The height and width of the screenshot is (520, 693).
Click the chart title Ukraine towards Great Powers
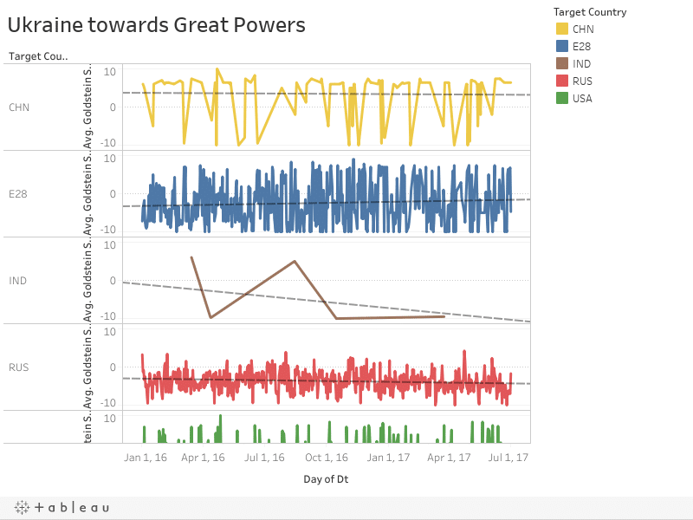[157, 25]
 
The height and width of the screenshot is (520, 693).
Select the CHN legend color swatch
[562, 29]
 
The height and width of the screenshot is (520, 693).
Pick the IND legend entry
[582, 64]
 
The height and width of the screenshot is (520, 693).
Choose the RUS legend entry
[582, 81]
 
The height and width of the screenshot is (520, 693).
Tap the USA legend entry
[582, 99]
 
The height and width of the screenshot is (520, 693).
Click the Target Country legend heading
[590, 12]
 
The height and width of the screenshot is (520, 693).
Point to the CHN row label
[18, 107]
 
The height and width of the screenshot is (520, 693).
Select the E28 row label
[17, 194]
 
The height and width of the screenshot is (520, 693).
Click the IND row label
[17, 281]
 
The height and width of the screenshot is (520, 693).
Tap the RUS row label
[18, 367]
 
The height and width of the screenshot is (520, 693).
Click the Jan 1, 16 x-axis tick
[145, 457]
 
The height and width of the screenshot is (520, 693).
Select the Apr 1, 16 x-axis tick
[204, 457]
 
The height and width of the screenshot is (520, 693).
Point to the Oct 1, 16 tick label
[327, 457]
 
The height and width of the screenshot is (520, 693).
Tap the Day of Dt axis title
[327, 478]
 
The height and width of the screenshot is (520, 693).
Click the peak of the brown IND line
[295, 261]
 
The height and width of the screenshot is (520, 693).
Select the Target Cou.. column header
[38, 56]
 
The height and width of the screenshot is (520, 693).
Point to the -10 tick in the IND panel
[109, 316]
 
